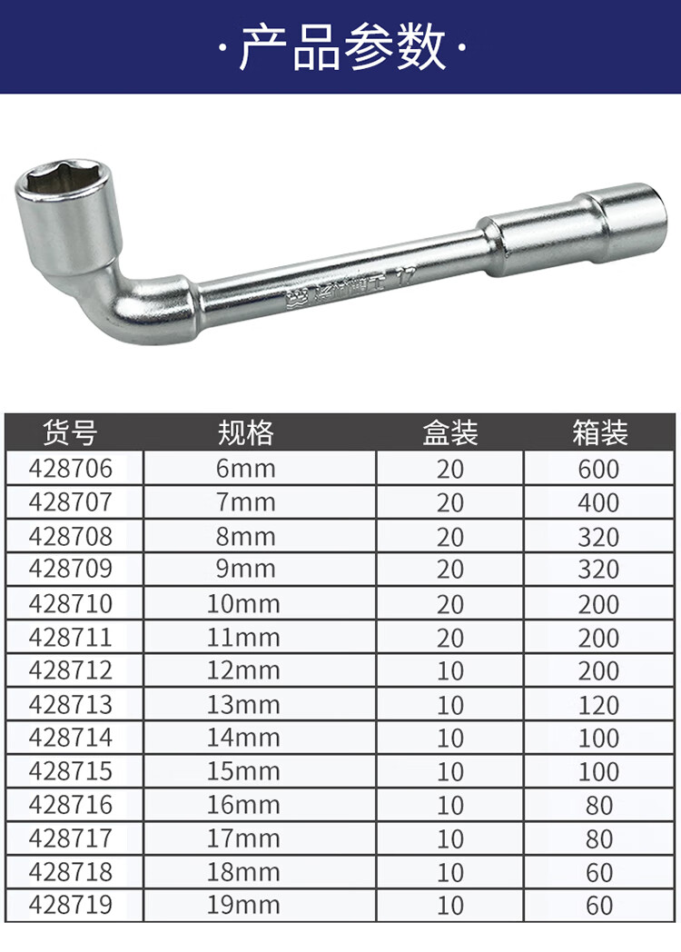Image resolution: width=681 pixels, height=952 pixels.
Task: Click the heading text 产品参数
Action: click(x=343, y=47)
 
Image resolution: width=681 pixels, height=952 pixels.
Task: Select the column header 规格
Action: click(x=245, y=432)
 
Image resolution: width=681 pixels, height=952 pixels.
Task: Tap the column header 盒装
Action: click(x=449, y=432)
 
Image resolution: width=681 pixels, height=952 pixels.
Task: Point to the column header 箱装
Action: click(x=599, y=432)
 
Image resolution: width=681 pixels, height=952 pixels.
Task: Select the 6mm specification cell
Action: click(x=245, y=468)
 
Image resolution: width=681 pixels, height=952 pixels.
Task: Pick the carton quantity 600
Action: click(x=598, y=469)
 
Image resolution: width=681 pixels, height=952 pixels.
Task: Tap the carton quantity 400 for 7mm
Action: click(x=598, y=502)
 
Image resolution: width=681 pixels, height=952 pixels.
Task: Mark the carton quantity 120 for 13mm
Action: click(x=598, y=705)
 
